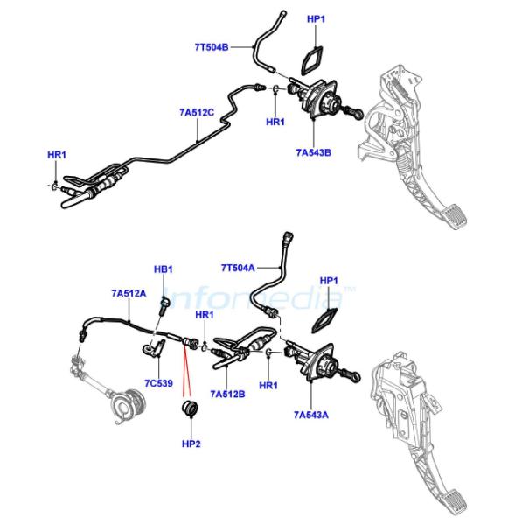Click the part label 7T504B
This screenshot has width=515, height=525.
212,47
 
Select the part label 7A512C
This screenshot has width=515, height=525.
197,112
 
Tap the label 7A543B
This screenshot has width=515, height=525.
314,152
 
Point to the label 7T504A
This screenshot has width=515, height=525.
238,268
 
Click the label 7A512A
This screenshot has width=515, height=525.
129,293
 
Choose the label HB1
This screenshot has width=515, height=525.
164,269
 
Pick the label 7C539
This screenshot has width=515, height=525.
158,383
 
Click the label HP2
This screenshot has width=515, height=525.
191,444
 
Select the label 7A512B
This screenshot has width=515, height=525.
227,394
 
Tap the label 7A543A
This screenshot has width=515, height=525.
311,415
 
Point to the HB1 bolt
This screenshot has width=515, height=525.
164,306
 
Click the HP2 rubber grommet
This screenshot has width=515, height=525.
190,408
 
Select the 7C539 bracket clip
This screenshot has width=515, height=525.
153,349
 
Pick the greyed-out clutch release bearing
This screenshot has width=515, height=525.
129,407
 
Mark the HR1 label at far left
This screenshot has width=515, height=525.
57,155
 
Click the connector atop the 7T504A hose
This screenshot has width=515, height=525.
289,237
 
